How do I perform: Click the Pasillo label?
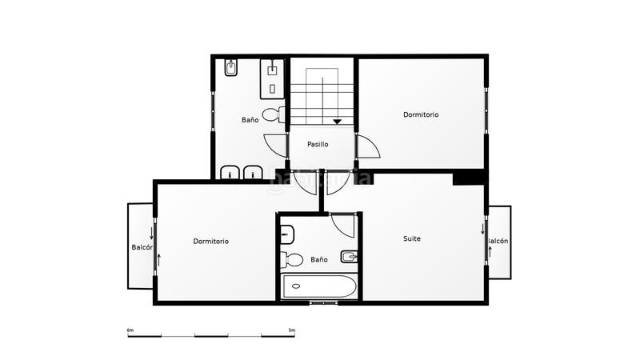pos(318,145)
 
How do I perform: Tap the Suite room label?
pos(412,238)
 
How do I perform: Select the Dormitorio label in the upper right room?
pos(421,114)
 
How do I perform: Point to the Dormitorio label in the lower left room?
pos(211,241)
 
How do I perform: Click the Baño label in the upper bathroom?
pos(250,120)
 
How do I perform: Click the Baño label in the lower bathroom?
pos(319,259)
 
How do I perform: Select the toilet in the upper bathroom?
pos(272,114)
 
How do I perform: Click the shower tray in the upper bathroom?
pos(274,78)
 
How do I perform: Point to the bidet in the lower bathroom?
pos(349,257)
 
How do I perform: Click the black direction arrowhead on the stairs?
pos(338,122)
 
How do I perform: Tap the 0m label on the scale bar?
pos(130,330)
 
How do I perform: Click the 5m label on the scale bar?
pos(292,330)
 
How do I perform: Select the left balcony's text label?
pos(142,248)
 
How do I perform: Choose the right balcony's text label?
pos(498,241)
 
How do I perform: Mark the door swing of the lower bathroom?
pos(342,226)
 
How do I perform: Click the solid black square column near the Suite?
pos(469,178)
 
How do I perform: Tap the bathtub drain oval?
pos(295,286)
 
